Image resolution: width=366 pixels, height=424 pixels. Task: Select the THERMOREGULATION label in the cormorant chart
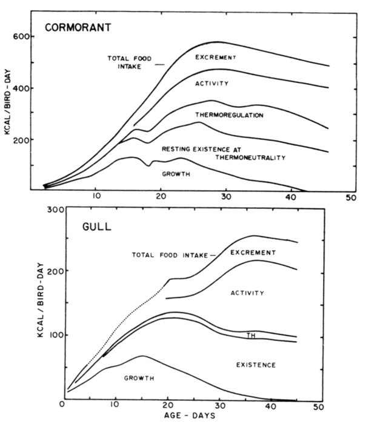[x=229, y=114]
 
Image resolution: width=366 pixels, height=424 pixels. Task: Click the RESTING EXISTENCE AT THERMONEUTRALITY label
[x=223, y=153]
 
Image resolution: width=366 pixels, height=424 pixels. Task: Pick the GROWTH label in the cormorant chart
[x=176, y=174]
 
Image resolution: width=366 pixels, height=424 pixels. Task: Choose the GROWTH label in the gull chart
[x=139, y=378]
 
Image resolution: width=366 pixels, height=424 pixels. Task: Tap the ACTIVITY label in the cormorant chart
[x=211, y=84]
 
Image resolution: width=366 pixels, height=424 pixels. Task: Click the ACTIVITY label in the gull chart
[x=247, y=293]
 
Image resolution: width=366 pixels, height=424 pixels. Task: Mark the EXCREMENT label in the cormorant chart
[x=215, y=58]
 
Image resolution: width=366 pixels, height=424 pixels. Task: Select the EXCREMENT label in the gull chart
[x=253, y=252]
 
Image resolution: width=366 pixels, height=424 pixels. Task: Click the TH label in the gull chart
[x=251, y=336]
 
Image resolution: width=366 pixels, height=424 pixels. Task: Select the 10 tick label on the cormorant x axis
[x=96, y=197]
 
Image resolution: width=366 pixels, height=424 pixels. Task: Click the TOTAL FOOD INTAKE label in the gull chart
[x=170, y=255]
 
